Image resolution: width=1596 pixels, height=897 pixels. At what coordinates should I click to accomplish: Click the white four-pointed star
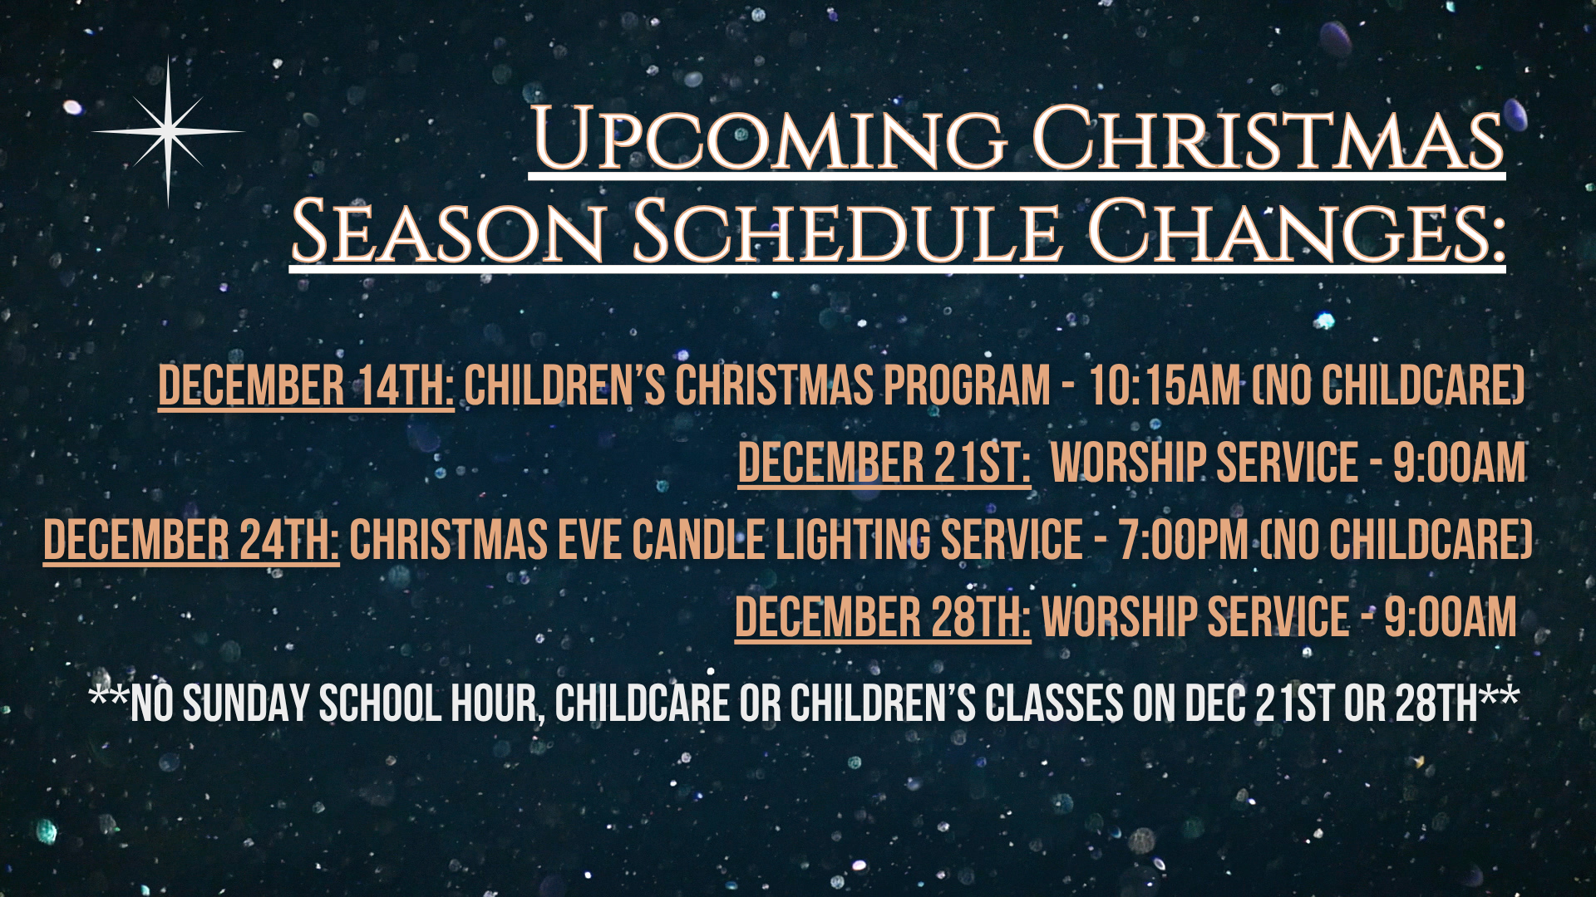(x=168, y=131)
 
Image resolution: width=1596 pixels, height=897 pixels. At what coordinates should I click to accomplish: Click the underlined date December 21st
(x=884, y=463)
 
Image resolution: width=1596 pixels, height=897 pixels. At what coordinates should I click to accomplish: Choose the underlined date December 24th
(x=191, y=540)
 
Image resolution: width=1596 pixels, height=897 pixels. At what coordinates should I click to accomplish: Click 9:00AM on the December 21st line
(x=1460, y=463)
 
